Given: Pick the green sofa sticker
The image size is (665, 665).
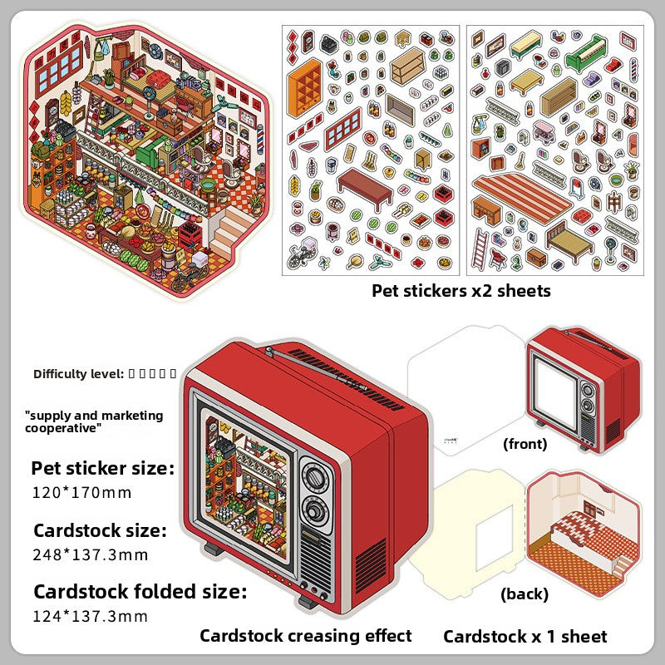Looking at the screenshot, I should (587, 56).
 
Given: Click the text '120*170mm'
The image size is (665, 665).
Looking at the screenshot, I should (82, 492).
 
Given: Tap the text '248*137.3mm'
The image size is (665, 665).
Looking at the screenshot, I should (90, 554).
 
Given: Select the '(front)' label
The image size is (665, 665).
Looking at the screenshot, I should (525, 444).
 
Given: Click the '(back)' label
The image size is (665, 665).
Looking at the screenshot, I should (525, 594).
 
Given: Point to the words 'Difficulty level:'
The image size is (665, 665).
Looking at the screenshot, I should (80, 373).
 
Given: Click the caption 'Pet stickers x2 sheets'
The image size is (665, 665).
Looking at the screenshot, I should (461, 291).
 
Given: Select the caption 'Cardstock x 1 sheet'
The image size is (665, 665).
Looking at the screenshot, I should (525, 637).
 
